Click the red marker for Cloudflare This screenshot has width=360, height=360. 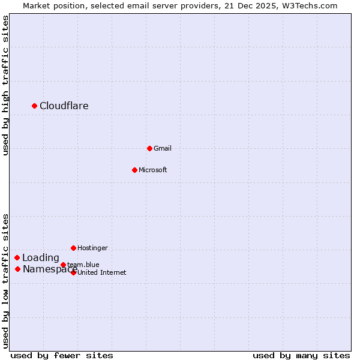(x=34, y=106)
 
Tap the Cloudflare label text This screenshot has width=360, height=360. (x=64, y=106)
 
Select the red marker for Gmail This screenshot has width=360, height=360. (x=149, y=148)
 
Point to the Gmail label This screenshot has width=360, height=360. (x=163, y=148)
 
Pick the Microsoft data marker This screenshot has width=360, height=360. (x=134, y=170)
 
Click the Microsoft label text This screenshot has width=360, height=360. (x=153, y=170)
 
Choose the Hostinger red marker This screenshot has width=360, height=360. (x=73, y=248)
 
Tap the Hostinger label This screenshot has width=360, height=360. (x=93, y=248)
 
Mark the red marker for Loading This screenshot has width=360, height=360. (x=17, y=257)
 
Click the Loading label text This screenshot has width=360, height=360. (x=41, y=258)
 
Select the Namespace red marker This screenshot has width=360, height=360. (x=17, y=269)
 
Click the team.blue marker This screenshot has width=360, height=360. (x=63, y=265)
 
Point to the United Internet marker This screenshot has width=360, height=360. (x=73, y=272)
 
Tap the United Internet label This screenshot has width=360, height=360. (x=102, y=272)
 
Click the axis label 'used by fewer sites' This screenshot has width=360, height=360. (x=62, y=355)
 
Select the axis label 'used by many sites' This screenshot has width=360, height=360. (x=301, y=355)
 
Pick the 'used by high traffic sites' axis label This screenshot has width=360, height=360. (x=5, y=85)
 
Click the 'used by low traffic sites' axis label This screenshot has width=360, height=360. (x=5, y=281)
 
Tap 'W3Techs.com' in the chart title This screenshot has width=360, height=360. (x=310, y=5)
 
